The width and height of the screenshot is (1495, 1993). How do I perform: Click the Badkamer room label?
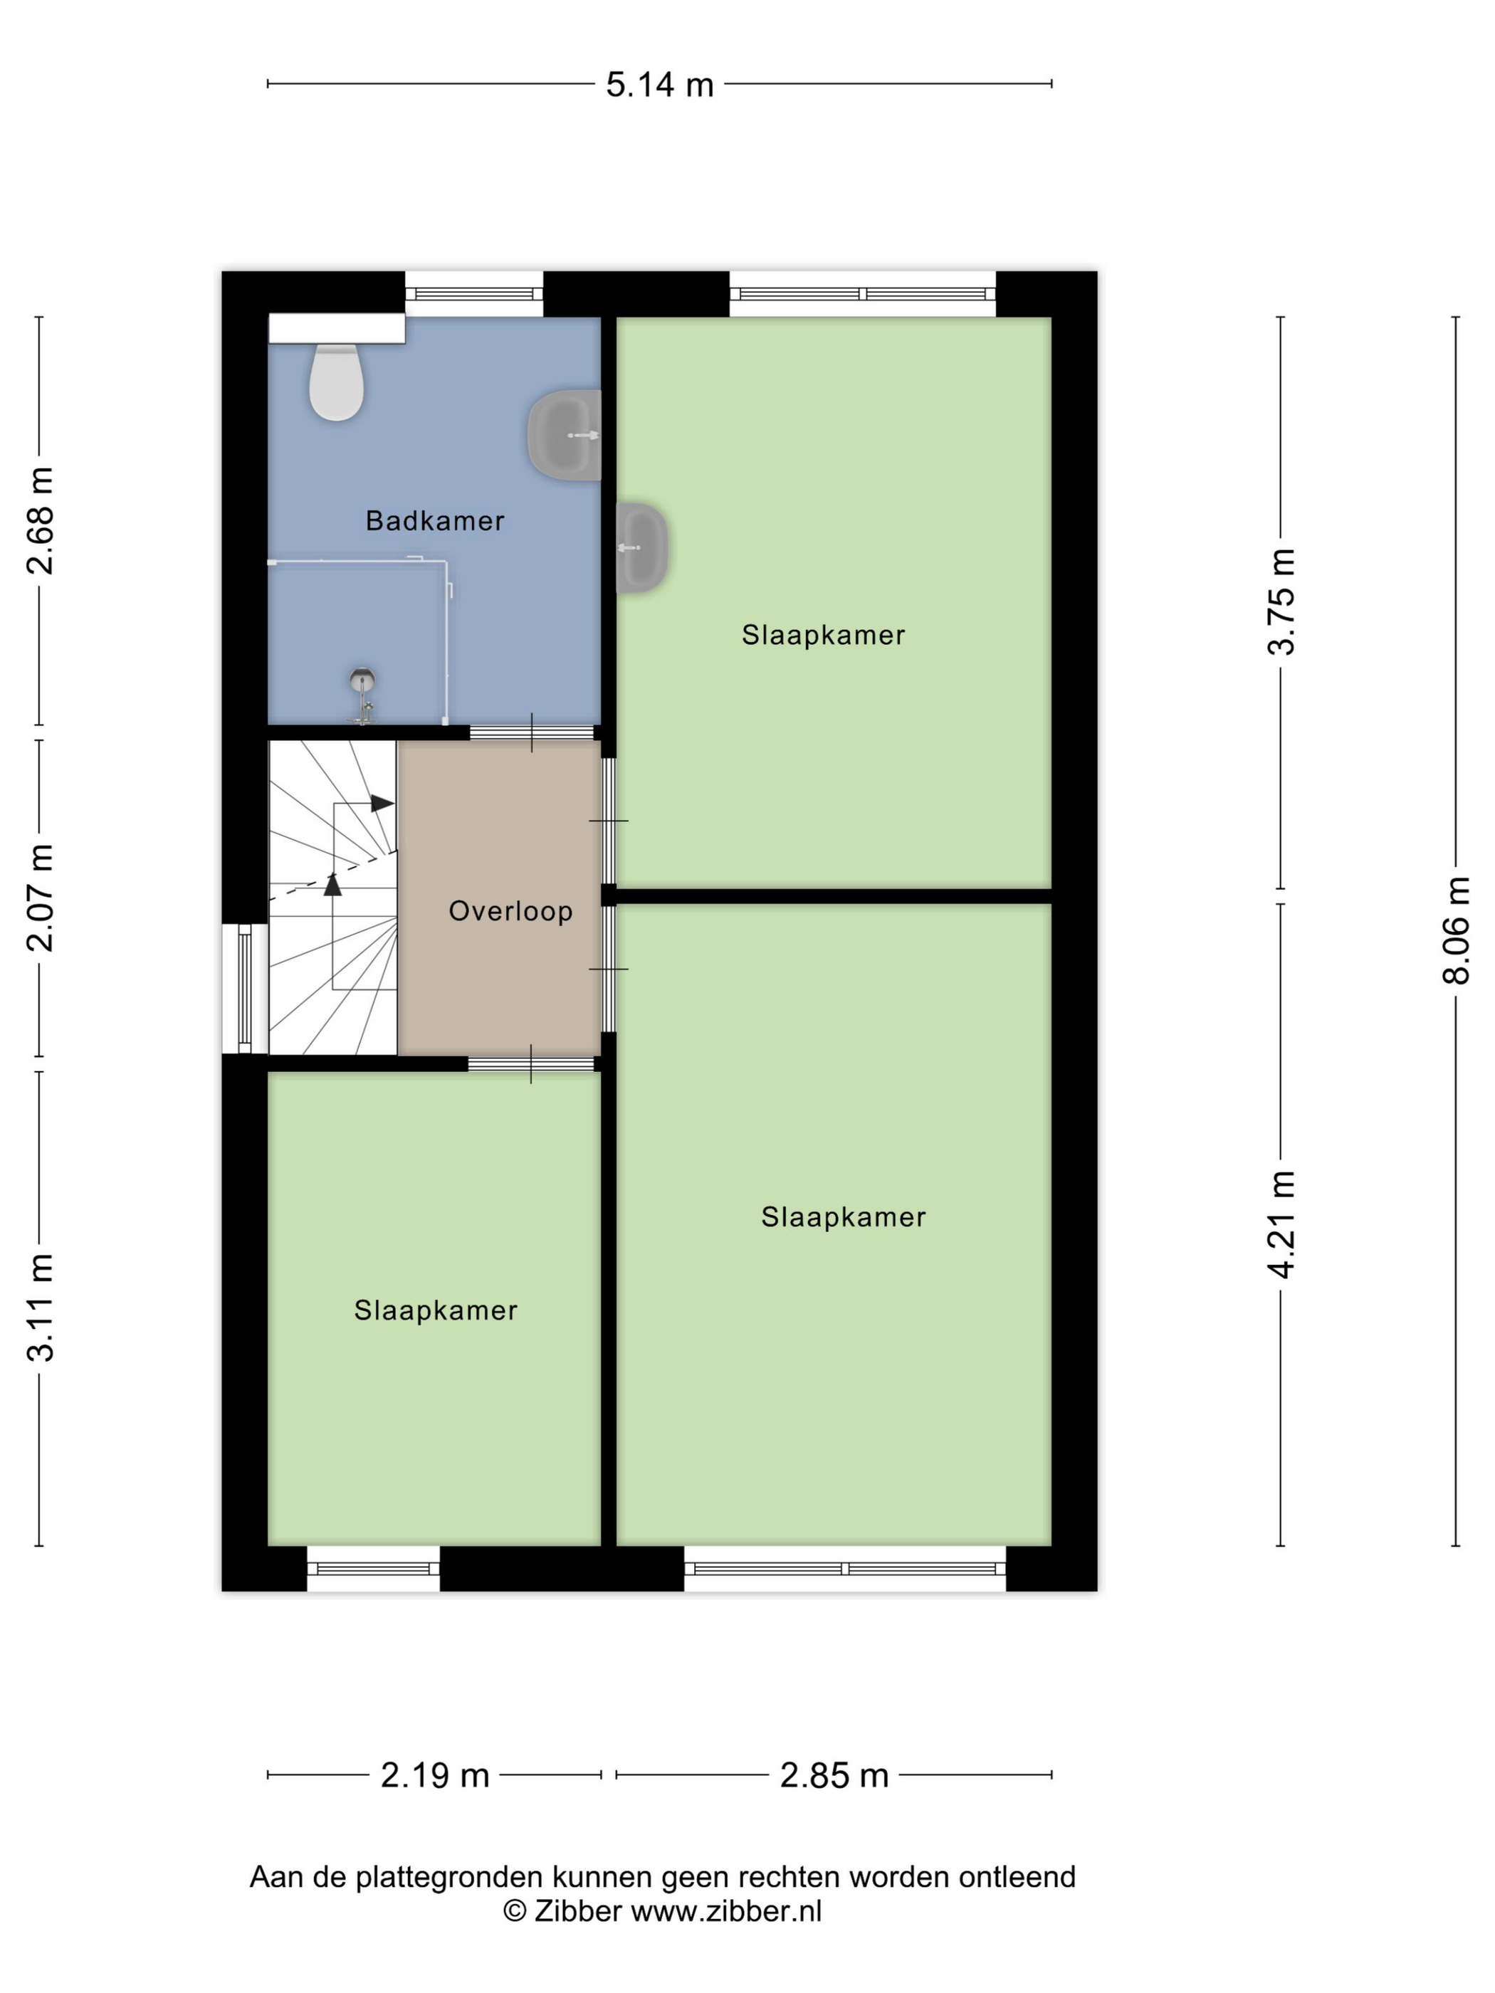pyautogui.click(x=434, y=521)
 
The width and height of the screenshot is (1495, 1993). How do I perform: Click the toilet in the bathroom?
pyautogui.click(x=336, y=381)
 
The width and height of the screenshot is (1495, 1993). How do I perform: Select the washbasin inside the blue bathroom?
pyautogui.click(x=564, y=435)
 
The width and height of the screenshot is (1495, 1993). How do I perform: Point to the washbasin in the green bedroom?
pyautogui.click(x=641, y=547)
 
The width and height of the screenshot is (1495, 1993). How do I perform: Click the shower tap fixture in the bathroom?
pyautogui.click(x=362, y=695)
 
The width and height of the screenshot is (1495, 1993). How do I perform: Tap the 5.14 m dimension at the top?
pyautogui.click(x=660, y=85)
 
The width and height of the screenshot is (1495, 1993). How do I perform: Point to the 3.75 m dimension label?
pyautogui.click(x=1281, y=601)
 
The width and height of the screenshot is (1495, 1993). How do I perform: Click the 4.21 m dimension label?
pyautogui.click(x=1281, y=1224)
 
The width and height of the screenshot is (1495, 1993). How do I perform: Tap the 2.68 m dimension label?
pyautogui.click(x=40, y=521)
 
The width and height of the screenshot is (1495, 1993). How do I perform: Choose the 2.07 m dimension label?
pyautogui.click(x=40, y=898)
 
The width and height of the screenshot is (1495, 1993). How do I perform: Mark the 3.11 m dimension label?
pyautogui.click(x=40, y=1306)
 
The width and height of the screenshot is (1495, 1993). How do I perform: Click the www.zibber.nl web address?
pyautogui.click(x=726, y=1911)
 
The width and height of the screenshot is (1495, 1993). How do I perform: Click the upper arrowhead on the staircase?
pyautogui.click(x=382, y=803)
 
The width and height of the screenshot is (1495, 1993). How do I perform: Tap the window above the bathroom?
pyautogui.click(x=474, y=294)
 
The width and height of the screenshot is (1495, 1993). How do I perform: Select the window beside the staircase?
pyautogui.click(x=245, y=989)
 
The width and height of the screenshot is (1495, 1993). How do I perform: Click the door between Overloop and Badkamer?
pyautogui.click(x=532, y=732)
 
